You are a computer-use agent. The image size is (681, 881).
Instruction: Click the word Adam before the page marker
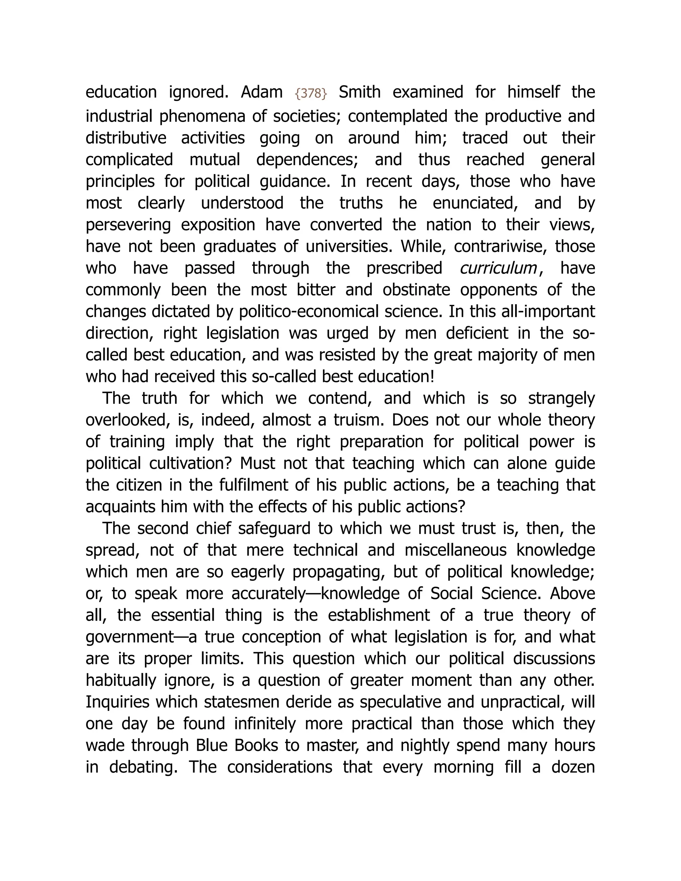(x=261, y=92)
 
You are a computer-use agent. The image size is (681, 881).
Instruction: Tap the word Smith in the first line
(x=359, y=92)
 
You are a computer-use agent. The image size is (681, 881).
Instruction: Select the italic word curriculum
(x=498, y=268)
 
